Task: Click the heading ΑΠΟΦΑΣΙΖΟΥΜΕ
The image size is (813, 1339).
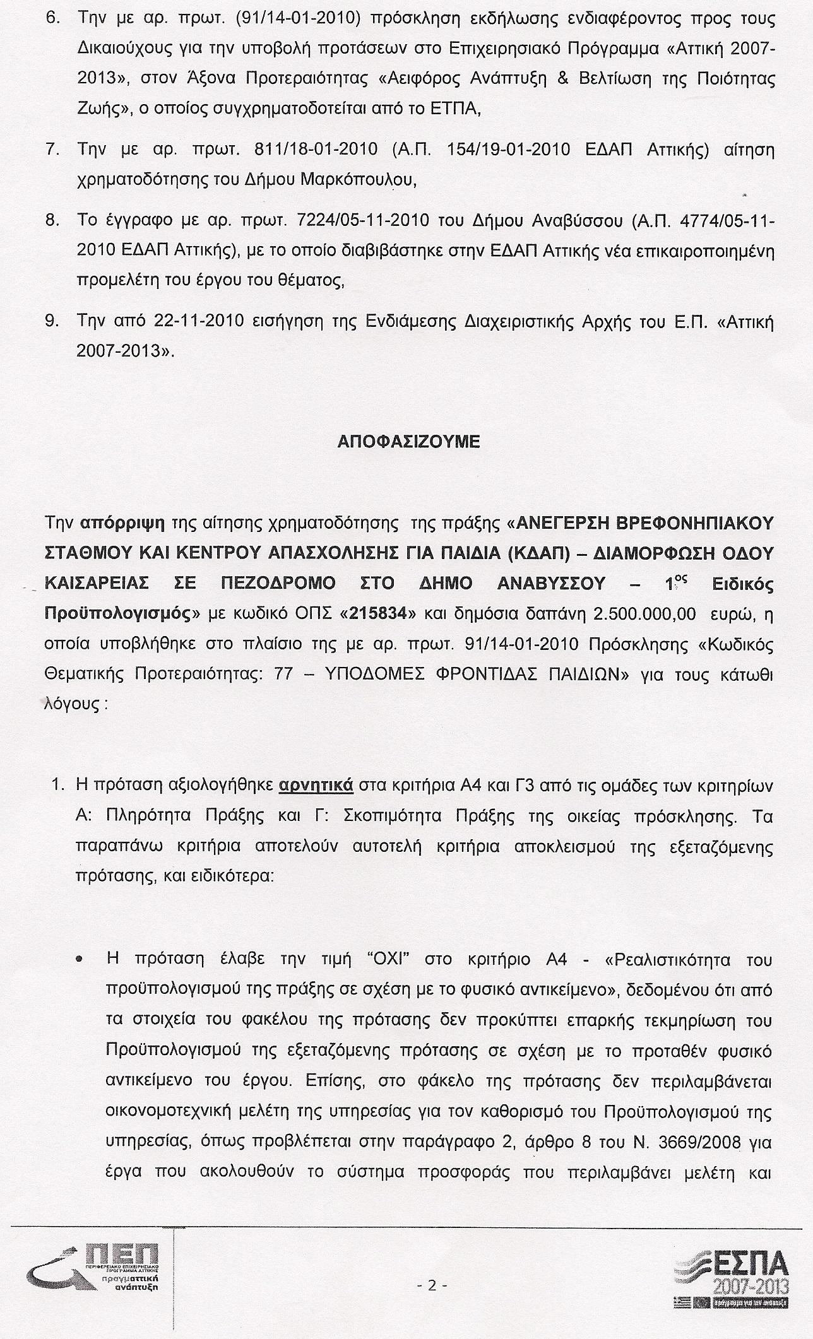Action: click(x=409, y=442)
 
